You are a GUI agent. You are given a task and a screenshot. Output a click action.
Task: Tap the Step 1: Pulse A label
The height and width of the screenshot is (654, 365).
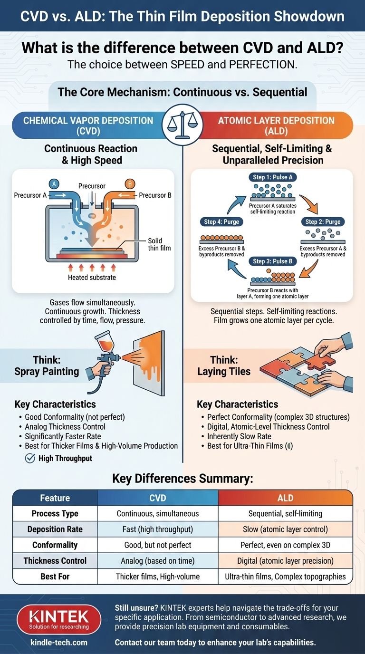coord(272,177)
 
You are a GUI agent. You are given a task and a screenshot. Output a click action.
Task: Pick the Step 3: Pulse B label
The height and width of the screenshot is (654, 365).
coord(272,261)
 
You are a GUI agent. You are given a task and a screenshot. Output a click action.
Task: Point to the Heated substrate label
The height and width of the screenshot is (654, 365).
coord(92,277)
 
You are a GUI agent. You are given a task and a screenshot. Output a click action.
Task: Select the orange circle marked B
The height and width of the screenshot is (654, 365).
coord(129,184)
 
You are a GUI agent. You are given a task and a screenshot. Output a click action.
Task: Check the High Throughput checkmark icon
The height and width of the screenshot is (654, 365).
coord(29,458)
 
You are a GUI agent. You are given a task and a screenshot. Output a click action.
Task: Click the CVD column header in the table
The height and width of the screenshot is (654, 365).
coord(157,498)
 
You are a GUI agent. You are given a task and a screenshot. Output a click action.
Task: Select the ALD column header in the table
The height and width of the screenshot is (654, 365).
coord(285,498)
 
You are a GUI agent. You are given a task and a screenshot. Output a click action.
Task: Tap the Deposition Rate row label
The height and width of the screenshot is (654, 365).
coord(55,529)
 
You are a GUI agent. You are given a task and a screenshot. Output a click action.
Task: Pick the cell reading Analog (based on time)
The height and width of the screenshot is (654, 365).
coord(157,560)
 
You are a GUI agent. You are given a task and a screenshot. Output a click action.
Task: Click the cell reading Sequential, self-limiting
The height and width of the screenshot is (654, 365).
coord(285,513)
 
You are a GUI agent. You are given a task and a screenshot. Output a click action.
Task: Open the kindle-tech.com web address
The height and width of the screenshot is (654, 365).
coord(59,643)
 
